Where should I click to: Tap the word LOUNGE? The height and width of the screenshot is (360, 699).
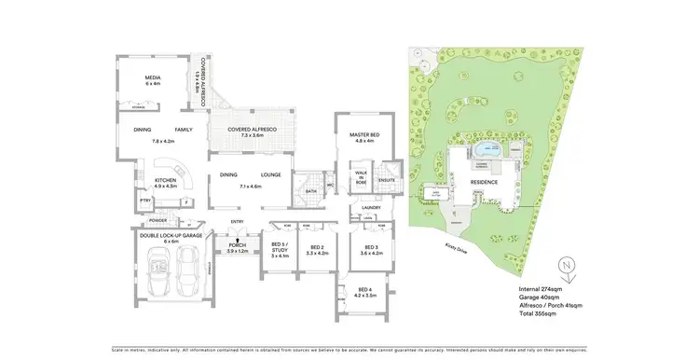(271, 174)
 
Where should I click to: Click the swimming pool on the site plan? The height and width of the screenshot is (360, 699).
(486, 149)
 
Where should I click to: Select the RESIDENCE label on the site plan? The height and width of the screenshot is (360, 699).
(484, 182)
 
